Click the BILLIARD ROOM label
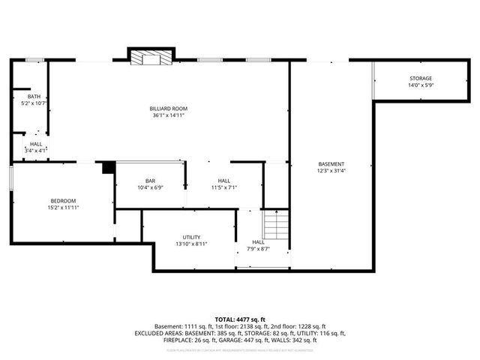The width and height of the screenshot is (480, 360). pos(167,109)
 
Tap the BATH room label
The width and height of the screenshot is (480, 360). pos(34,96)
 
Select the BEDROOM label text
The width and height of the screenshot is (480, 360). pos(63,200)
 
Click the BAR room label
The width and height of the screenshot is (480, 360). pos(150,181)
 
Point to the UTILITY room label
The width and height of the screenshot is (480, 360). pos(191,236)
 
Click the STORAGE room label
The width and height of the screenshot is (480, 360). pos(420,79)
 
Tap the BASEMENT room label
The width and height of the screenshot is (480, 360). pos(331,164)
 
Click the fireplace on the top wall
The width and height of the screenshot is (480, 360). pos(151,58)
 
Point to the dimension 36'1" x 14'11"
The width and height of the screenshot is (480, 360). pos(167,115)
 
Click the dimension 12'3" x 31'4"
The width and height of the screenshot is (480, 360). pos(331,171)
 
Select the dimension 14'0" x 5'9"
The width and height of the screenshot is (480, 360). pos(420,85)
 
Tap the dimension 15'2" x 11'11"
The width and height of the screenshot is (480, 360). pos(63,207)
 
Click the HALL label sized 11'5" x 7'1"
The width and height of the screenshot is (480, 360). pos(224,181)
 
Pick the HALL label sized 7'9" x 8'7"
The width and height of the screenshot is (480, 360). pos(258,241)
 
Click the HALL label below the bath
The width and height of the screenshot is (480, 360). pos(36,144)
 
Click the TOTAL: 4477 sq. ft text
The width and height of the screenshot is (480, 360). pos(240,319)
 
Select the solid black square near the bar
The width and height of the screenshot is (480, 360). pos(108,167)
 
